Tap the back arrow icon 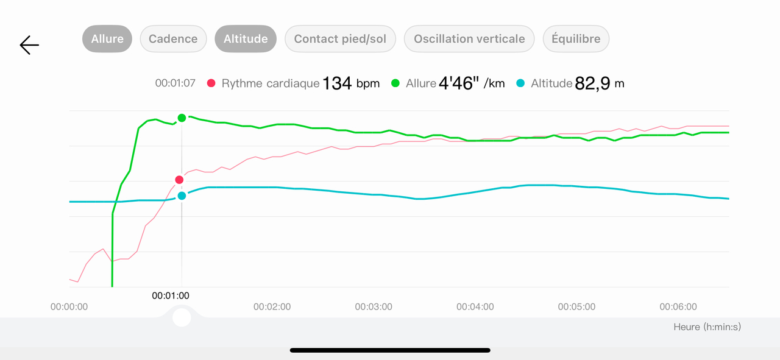[29, 45]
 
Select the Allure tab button [107, 39]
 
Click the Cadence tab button [173, 39]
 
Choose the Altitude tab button [246, 39]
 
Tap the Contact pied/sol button [340, 39]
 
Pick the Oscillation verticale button [469, 39]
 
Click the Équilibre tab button [576, 39]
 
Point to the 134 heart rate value [337, 83]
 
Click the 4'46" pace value [456, 83]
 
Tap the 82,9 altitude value [593, 83]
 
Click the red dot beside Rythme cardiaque [211, 83]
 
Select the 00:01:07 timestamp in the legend [175, 83]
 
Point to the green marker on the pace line [182, 118]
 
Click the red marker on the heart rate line [179, 180]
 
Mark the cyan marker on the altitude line [182, 196]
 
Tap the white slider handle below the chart [182, 317]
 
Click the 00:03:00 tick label [374, 307]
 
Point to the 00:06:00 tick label [678, 307]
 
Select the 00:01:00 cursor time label [171, 296]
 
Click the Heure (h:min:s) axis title [707, 327]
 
